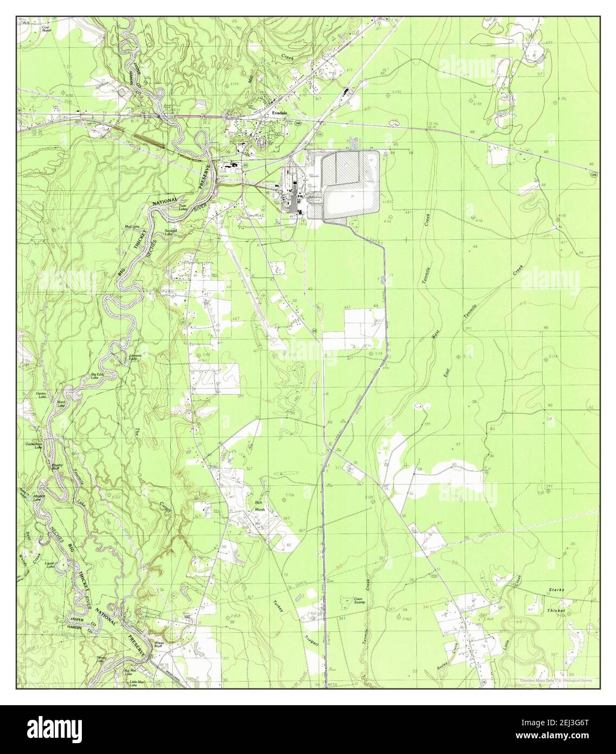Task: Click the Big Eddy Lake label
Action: tap(98, 375)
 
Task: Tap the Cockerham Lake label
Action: tap(34, 445)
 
